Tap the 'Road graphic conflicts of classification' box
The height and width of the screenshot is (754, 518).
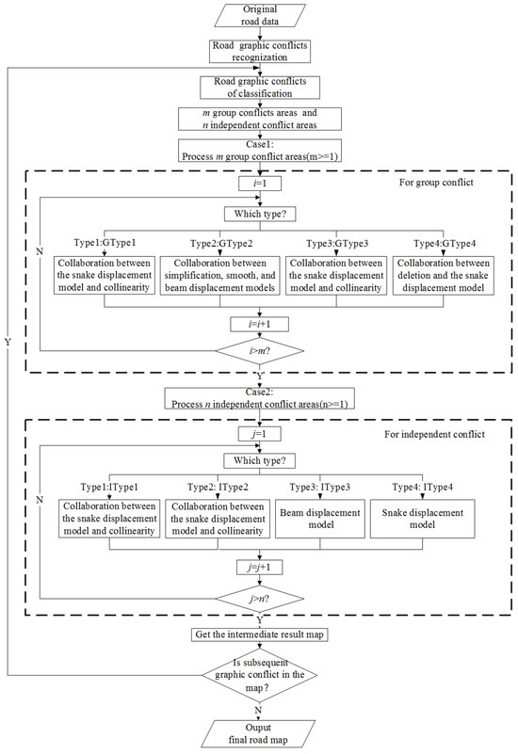[x=259, y=88]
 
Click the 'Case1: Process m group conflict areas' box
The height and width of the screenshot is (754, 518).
[x=259, y=150]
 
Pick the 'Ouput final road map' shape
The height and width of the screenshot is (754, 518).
[x=259, y=731]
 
